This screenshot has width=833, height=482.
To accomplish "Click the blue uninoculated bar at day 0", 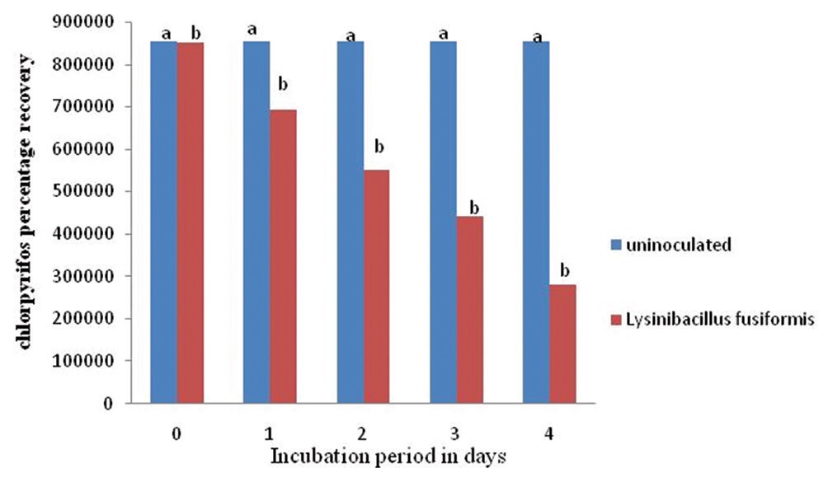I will tap(163, 222).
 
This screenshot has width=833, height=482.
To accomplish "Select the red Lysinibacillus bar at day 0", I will tap(191, 222).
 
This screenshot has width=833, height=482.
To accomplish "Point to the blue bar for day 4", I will tap(536, 222).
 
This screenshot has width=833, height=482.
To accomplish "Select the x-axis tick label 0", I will tap(176, 433).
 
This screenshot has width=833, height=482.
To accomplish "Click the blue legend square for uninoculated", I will tap(616, 246).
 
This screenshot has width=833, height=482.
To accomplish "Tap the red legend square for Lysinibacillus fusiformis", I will tap(616, 319).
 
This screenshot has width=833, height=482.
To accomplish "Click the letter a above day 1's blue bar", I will tap(252, 30).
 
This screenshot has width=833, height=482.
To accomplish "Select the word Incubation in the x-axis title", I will tap(313, 456).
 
